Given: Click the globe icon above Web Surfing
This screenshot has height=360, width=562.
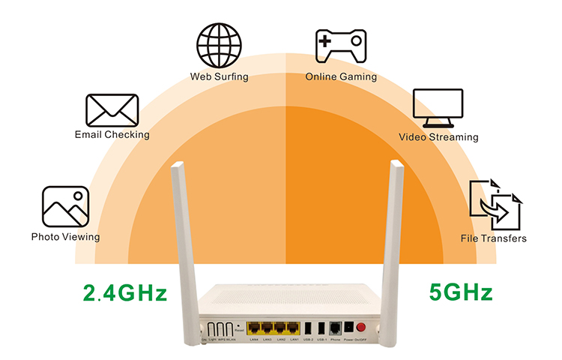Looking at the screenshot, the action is (219, 46).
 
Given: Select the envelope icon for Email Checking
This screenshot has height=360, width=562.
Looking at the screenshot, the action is (112, 110).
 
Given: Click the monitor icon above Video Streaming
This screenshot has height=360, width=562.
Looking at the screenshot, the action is (438, 108).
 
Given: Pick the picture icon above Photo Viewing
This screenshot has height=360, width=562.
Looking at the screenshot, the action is (66, 207).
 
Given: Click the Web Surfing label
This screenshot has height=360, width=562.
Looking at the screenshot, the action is (219, 76).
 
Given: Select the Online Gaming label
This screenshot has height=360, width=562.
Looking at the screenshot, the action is (341, 76).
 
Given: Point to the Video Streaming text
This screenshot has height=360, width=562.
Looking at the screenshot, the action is (438, 137).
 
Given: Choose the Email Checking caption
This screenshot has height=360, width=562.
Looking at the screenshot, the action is (112, 135).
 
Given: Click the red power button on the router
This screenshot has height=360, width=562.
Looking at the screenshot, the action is (360, 327).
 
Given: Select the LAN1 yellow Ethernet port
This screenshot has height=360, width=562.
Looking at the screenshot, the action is (294, 328).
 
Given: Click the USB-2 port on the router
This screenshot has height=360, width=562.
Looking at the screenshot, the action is (309, 328).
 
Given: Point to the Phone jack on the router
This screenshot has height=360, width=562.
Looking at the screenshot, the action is (334, 328).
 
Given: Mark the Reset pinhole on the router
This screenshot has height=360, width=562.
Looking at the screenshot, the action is (238, 324).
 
